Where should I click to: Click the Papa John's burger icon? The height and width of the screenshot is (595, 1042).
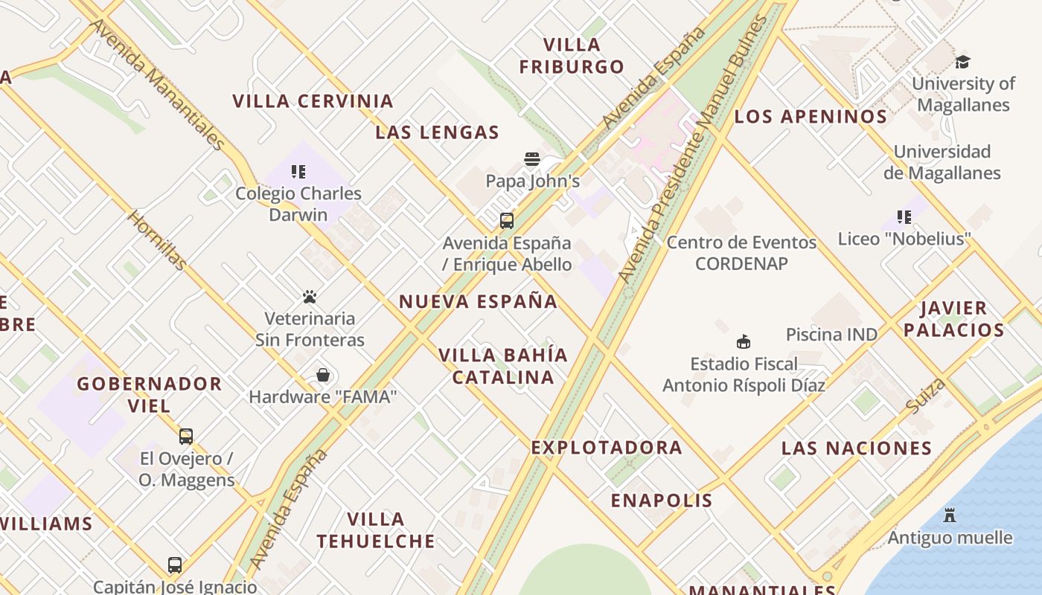pos(531,158)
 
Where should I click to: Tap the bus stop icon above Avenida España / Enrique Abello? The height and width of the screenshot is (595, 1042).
pos(507,221)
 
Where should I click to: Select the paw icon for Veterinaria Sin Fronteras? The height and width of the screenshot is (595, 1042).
pos(310,297)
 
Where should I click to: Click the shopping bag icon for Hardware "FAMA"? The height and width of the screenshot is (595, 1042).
pos(323,375)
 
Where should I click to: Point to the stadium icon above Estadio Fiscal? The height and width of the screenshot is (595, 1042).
pos(743,342)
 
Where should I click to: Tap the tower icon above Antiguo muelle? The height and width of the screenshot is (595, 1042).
pos(950,515)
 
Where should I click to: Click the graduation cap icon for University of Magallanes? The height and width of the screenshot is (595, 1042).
pos(963,62)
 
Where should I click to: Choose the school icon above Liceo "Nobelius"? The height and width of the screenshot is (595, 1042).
pos(904,217)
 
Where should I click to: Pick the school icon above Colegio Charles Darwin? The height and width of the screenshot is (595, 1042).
pos(298,172)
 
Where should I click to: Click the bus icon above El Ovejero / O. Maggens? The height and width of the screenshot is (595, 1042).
pos(186,437)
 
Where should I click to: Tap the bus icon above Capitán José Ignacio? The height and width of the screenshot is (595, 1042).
pos(175,565)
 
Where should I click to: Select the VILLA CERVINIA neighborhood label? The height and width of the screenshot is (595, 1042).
pos(313,101)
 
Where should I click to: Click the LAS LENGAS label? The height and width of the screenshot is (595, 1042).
pos(437,133)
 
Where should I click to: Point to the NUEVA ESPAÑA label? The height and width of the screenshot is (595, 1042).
pos(478,301)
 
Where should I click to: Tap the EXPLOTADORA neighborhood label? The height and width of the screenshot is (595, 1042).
pos(607,448)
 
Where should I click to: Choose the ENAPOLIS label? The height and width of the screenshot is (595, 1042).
pos(662,501)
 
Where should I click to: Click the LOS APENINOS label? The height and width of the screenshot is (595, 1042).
pos(811,117)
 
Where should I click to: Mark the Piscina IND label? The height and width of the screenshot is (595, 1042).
pos(831,335)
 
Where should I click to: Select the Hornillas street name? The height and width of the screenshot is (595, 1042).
pos(156,239)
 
